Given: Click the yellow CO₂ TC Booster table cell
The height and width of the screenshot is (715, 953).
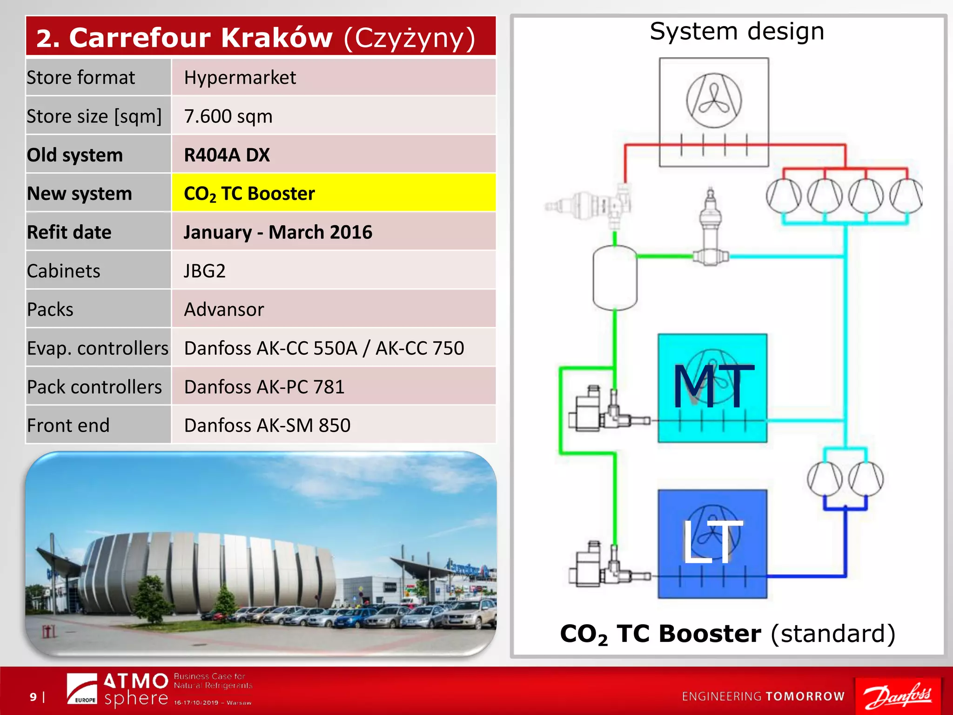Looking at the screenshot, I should pyautogui.click(x=333, y=193).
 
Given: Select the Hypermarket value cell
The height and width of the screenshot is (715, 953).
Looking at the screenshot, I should pyautogui.click(x=333, y=77).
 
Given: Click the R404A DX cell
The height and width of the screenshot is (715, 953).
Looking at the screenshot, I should pyautogui.click(x=333, y=155).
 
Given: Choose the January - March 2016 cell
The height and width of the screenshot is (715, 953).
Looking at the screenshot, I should pyautogui.click(x=333, y=232).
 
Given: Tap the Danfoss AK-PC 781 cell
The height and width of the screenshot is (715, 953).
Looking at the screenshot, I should pyautogui.click(x=333, y=386).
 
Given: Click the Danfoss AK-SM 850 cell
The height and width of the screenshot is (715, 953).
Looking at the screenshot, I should pyautogui.click(x=333, y=425).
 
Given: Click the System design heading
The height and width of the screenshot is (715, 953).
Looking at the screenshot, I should pyautogui.click(x=737, y=32).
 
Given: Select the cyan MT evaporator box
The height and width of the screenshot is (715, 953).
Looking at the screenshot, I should pyautogui.click(x=712, y=388).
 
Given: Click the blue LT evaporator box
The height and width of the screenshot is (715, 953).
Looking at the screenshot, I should pyautogui.click(x=712, y=543).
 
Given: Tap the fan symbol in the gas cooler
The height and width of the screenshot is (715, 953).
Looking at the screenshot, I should pyautogui.click(x=714, y=100).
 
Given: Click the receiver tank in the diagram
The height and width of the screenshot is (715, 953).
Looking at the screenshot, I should pyautogui.click(x=615, y=278).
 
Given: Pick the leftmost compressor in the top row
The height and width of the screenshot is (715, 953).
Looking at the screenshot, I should pyautogui.click(x=784, y=196).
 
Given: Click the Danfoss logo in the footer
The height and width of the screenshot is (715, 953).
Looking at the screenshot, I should pyautogui.click(x=898, y=696).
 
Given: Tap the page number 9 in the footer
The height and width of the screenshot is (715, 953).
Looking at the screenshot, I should pyautogui.click(x=33, y=697).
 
